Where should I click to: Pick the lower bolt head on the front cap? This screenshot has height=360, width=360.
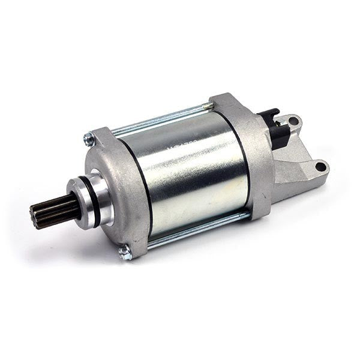[125, 253]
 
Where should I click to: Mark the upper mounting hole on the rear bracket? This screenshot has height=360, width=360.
[293, 122]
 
